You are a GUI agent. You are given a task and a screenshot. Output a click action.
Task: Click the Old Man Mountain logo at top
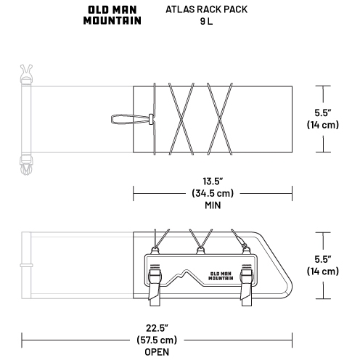112,15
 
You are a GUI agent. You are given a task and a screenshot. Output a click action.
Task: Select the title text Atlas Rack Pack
206,9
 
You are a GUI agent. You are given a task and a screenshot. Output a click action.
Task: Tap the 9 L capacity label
206,21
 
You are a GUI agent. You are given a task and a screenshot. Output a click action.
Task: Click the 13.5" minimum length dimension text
213,181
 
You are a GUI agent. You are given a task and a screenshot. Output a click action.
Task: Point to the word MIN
213,205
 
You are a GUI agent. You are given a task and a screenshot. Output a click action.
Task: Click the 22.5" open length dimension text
157,328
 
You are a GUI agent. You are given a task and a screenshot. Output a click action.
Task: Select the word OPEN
157,352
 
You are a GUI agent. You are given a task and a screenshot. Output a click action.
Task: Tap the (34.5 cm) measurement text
213,193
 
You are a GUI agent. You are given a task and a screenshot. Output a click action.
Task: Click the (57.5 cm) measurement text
157,340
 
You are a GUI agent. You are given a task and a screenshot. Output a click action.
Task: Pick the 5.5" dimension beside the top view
323,112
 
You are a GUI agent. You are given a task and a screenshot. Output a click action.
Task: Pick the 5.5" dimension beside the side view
323,259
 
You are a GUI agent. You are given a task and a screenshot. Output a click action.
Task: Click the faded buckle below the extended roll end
26,165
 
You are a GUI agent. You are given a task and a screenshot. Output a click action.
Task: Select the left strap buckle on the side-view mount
155,285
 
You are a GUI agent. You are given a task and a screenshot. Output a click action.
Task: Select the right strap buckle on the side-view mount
247,285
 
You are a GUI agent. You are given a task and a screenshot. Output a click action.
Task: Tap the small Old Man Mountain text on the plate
221,276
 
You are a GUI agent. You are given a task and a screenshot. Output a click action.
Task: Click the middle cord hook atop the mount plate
200,250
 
